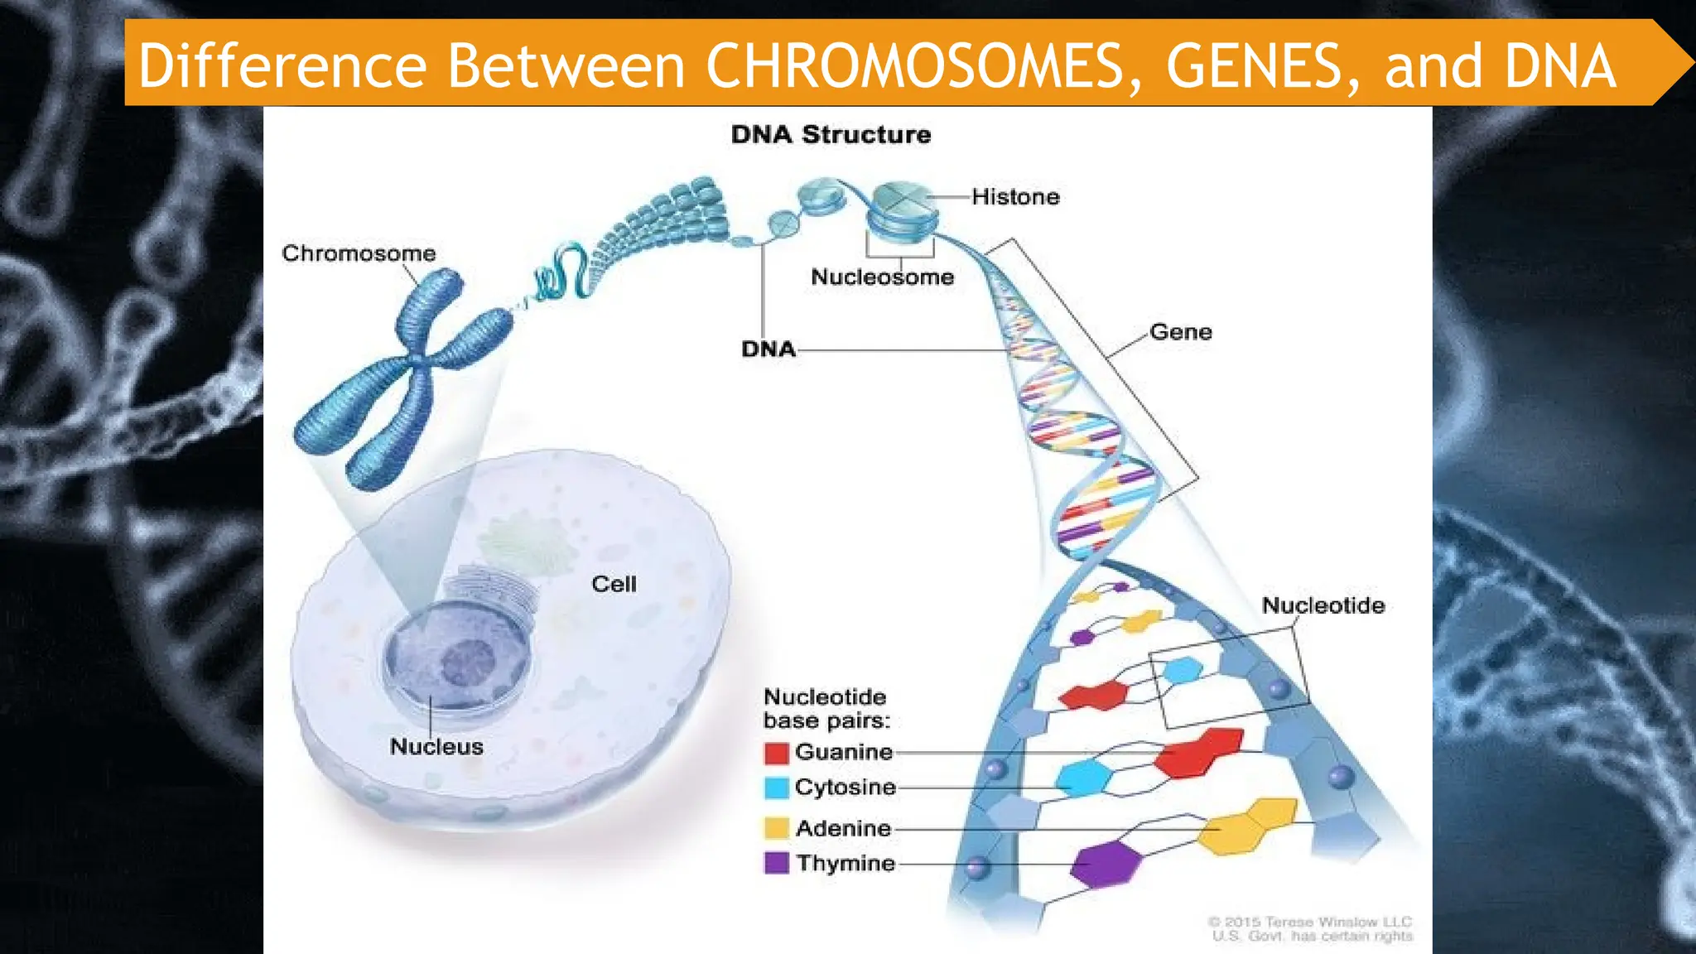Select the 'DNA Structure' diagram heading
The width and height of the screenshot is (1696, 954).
point(831,134)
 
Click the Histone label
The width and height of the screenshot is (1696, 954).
point(1015,197)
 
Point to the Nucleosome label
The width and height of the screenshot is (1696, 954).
point(882,277)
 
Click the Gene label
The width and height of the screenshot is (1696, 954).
point(1181,332)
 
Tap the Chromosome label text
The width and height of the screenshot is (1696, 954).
point(359,253)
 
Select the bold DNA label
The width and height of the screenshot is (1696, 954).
point(768,349)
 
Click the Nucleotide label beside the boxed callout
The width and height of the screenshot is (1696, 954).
point(1323,605)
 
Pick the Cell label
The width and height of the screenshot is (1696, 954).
point(614,584)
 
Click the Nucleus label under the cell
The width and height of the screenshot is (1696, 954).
point(436,746)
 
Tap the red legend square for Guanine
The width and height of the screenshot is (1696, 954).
point(776,753)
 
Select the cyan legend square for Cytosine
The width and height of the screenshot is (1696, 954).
point(776,788)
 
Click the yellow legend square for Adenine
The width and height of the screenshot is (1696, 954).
point(776,828)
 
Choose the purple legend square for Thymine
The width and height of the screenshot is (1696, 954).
point(776,863)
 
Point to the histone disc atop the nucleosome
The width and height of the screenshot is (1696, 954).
point(902,197)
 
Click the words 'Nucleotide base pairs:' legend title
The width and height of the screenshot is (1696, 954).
point(826,709)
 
